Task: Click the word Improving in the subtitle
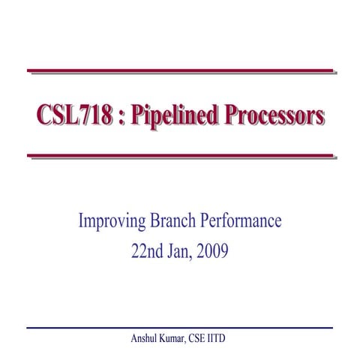pos(109,221)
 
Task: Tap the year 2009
pos(214,250)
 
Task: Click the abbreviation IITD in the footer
pos(223,339)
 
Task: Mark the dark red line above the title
pos(180,71)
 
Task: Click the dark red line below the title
pos(180,156)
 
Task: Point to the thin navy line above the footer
pos(180,328)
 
